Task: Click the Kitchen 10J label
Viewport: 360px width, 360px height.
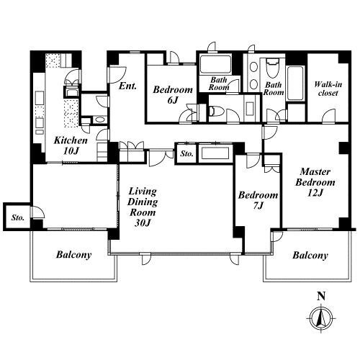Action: click(x=71, y=145)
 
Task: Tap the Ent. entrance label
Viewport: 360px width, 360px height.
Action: click(x=127, y=86)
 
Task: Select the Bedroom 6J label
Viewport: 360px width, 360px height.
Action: click(x=173, y=94)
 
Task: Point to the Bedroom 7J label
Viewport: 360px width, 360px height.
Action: click(x=258, y=200)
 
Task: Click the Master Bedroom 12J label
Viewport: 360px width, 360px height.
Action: click(x=315, y=182)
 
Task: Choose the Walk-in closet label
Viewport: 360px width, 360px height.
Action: click(x=328, y=89)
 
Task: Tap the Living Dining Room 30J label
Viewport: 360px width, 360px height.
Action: click(x=143, y=207)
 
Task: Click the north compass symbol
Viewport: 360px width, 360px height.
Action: click(x=321, y=318)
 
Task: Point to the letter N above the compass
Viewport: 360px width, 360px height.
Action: click(x=321, y=297)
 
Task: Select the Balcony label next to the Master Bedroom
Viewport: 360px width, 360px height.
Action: click(x=310, y=255)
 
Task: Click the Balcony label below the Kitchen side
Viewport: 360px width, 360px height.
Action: click(x=73, y=255)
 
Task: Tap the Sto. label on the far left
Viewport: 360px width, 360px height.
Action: click(x=18, y=218)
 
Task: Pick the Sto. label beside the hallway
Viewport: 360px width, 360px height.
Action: click(x=186, y=153)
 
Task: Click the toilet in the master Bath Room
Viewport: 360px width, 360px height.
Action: click(x=272, y=67)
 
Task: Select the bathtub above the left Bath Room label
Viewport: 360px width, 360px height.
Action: click(x=215, y=64)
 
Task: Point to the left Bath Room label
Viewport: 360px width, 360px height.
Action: click(x=219, y=84)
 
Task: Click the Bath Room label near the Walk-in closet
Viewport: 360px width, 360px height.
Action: click(x=274, y=89)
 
